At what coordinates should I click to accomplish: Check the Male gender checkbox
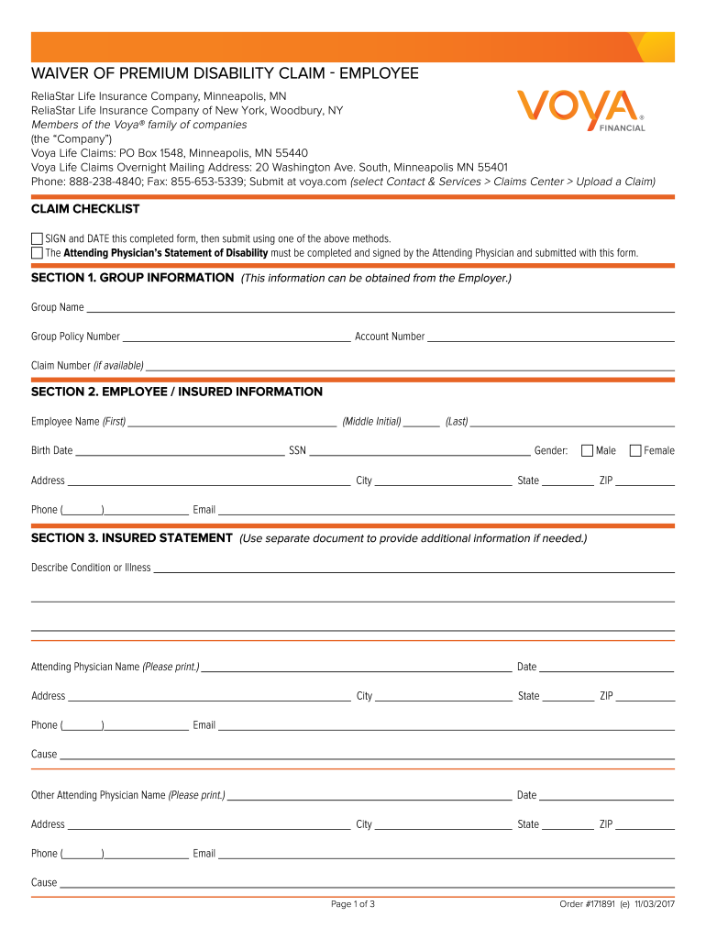(x=588, y=450)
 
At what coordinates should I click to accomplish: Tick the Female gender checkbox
(x=635, y=450)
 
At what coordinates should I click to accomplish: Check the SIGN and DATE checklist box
(x=38, y=238)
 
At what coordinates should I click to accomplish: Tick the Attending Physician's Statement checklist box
(x=38, y=252)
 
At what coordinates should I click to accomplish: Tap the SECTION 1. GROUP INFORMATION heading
(x=132, y=277)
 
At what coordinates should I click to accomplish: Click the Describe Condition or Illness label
(x=91, y=568)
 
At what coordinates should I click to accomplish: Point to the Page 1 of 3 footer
(x=353, y=905)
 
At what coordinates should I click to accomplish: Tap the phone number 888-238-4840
(x=101, y=182)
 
